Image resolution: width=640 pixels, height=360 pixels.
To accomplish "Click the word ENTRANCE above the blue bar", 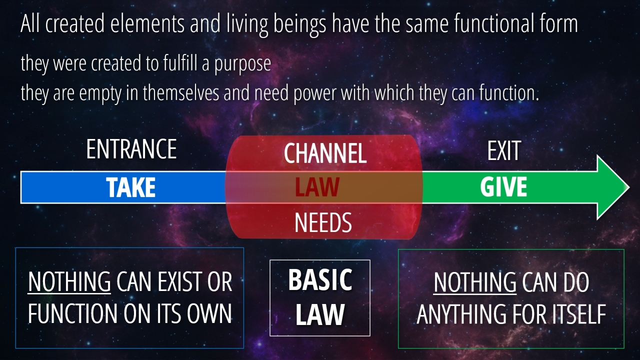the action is (131, 149).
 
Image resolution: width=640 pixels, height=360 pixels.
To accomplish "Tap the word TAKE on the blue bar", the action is (131, 187).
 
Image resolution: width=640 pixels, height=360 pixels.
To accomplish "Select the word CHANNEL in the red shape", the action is (325, 153).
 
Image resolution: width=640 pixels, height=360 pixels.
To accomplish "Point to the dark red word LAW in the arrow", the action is (317, 187).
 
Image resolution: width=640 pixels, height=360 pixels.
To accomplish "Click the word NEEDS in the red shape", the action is (323, 223).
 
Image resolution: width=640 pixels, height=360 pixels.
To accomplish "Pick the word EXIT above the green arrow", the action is (504, 151).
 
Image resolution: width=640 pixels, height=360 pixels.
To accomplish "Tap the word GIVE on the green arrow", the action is (503, 187).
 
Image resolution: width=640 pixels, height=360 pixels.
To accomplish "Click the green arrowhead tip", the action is (629, 187).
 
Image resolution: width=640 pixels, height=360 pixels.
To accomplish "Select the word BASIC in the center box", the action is (320, 279).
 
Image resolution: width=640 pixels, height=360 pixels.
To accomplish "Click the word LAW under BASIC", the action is (319, 314).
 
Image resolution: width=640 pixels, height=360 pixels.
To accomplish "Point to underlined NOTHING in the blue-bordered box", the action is (69, 281).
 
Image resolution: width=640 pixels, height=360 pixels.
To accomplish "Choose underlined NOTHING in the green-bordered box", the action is (475, 282).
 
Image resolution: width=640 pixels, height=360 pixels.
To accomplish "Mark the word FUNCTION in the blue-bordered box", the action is (72, 313).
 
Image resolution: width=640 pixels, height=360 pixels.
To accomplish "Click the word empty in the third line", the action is (100, 93).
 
